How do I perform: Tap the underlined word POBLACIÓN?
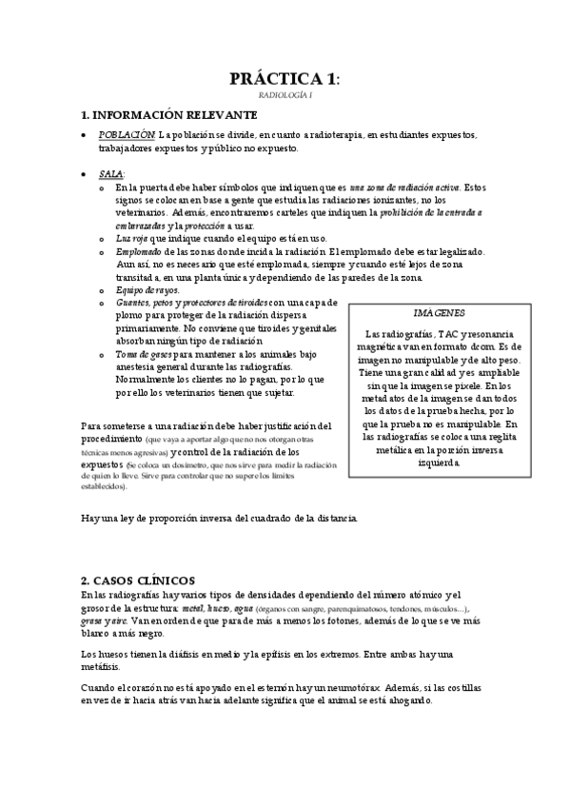click(128, 136)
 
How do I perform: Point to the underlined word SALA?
click(110, 174)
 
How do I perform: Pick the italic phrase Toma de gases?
click(143, 353)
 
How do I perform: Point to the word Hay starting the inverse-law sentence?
click(90, 519)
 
